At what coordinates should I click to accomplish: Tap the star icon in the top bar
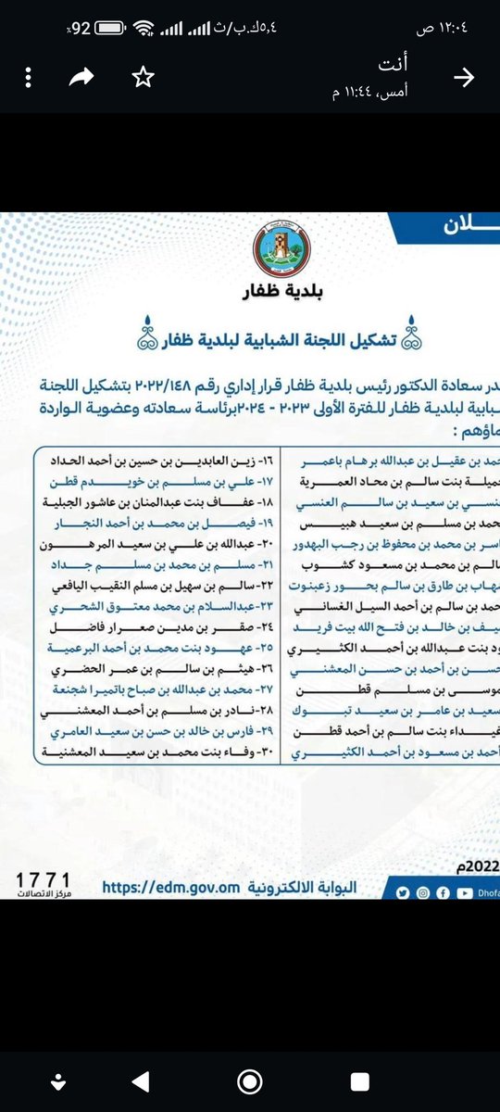click(x=141, y=79)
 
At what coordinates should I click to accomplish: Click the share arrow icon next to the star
click(x=84, y=79)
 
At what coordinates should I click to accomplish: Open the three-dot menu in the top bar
click(x=28, y=79)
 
